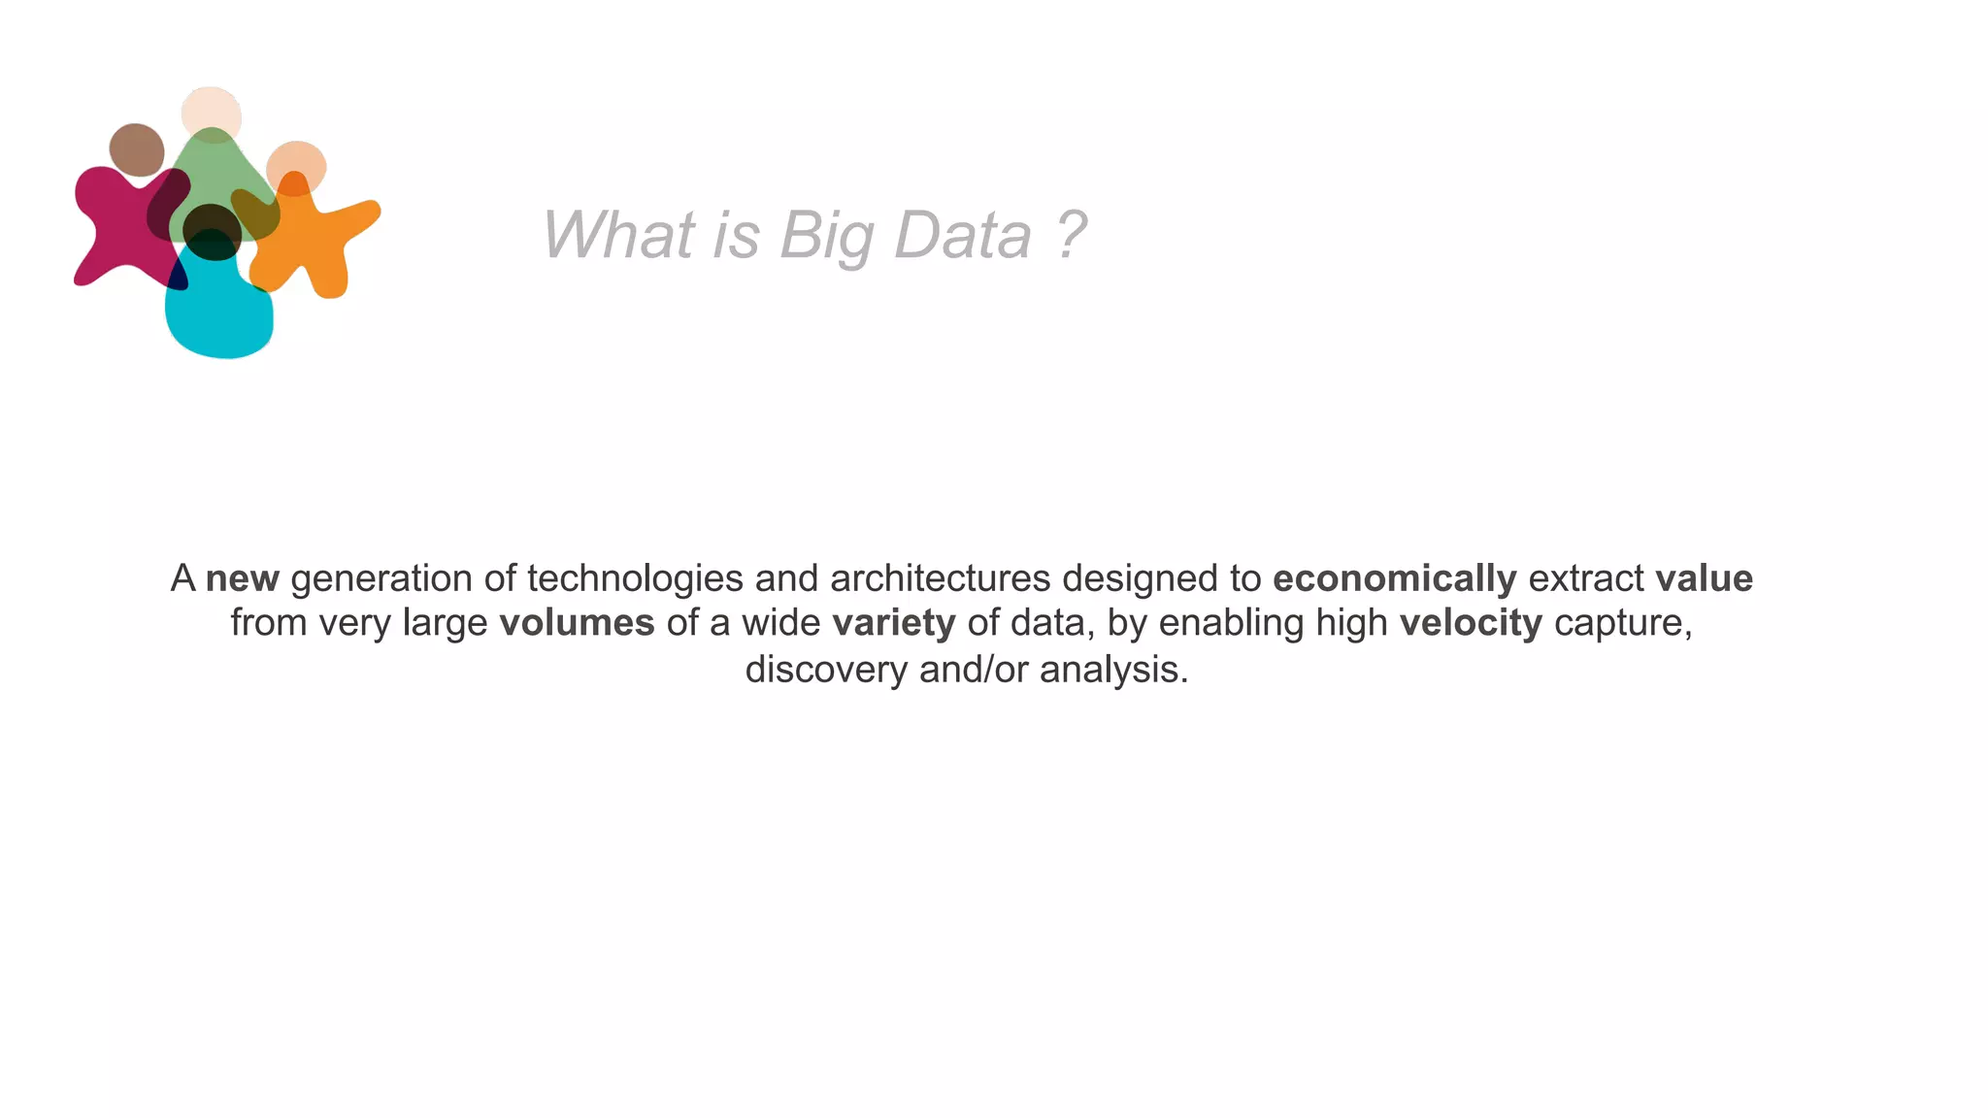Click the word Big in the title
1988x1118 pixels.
tap(826, 236)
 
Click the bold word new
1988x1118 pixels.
tap(243, 578)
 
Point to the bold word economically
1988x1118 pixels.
tap(1394, 578)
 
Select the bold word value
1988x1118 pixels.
tap(1704, 578)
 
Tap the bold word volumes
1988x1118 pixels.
tap(577, 623)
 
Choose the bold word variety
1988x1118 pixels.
tap(893, 623)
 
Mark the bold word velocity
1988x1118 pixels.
tap(1470, 623)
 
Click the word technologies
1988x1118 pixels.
tap(635, 578)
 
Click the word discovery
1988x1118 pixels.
tap(825, 670)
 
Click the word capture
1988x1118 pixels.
tap(1622, 623)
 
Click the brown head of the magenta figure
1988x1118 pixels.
tap(137, 149)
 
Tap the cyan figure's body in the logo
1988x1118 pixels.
tap(218, 311)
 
